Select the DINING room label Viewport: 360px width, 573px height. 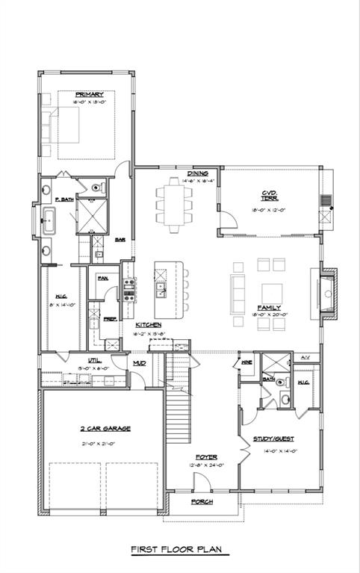197,173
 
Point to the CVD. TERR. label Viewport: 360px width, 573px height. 269,196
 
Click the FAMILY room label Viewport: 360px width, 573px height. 269,307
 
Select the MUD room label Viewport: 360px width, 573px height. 140,363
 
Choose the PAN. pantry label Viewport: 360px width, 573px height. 102,278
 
